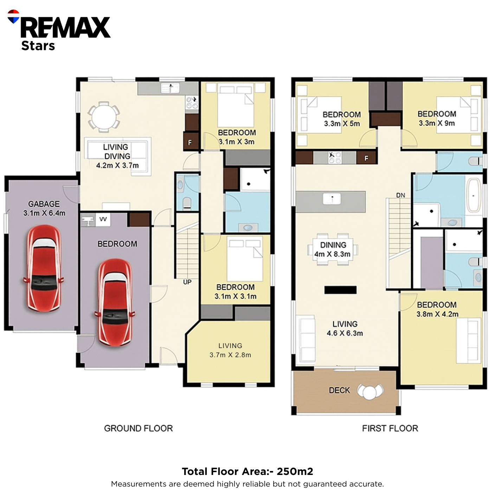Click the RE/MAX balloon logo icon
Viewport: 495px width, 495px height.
pyautogui.click(x=13, y=17)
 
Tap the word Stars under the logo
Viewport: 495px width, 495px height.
pyautogui.click(x=38, y=46)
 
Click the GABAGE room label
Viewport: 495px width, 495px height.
pyautogui.click(x=44, y=204)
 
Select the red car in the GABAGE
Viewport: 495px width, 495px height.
pyautogui.click(x=44, y=268)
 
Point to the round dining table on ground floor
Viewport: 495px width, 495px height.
pyautogui.click(x=104, y=117)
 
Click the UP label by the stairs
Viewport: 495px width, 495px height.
pyautogui.click(x=187, y=282)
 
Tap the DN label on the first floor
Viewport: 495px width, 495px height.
pyautogui.click(x=401, y=195)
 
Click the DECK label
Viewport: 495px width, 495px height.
pyautogui.click(x=339, y=390)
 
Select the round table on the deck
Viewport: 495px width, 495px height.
pyautogui.click(x=369, y=392)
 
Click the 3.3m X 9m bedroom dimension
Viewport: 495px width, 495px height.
pyautogui.click(x=437, y=123)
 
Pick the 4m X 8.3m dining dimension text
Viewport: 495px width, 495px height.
pyautogui.click(x=332, y=254)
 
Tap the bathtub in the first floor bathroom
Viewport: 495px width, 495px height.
pyautogui.click(x=474, y=195)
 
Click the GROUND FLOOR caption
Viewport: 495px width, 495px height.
pyautogui.click(x=139, y=428)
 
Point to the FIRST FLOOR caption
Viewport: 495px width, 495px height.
pyautogui.click(x=390, y=428)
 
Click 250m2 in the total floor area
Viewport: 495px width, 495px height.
pyautogui.click(x=295, y=471)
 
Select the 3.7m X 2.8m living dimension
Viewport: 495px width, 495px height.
pyautogui.click(x=230, y=355)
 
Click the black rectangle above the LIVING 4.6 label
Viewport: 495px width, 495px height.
pyautogui.click(x=340, y=290)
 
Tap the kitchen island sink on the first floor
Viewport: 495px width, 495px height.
pyautogui.click(x=332, y=199)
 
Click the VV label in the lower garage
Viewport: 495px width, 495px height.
pyautogui.click(x=103, y=219)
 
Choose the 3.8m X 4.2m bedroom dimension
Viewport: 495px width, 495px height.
pyautogui.click(x=437, y=314)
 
